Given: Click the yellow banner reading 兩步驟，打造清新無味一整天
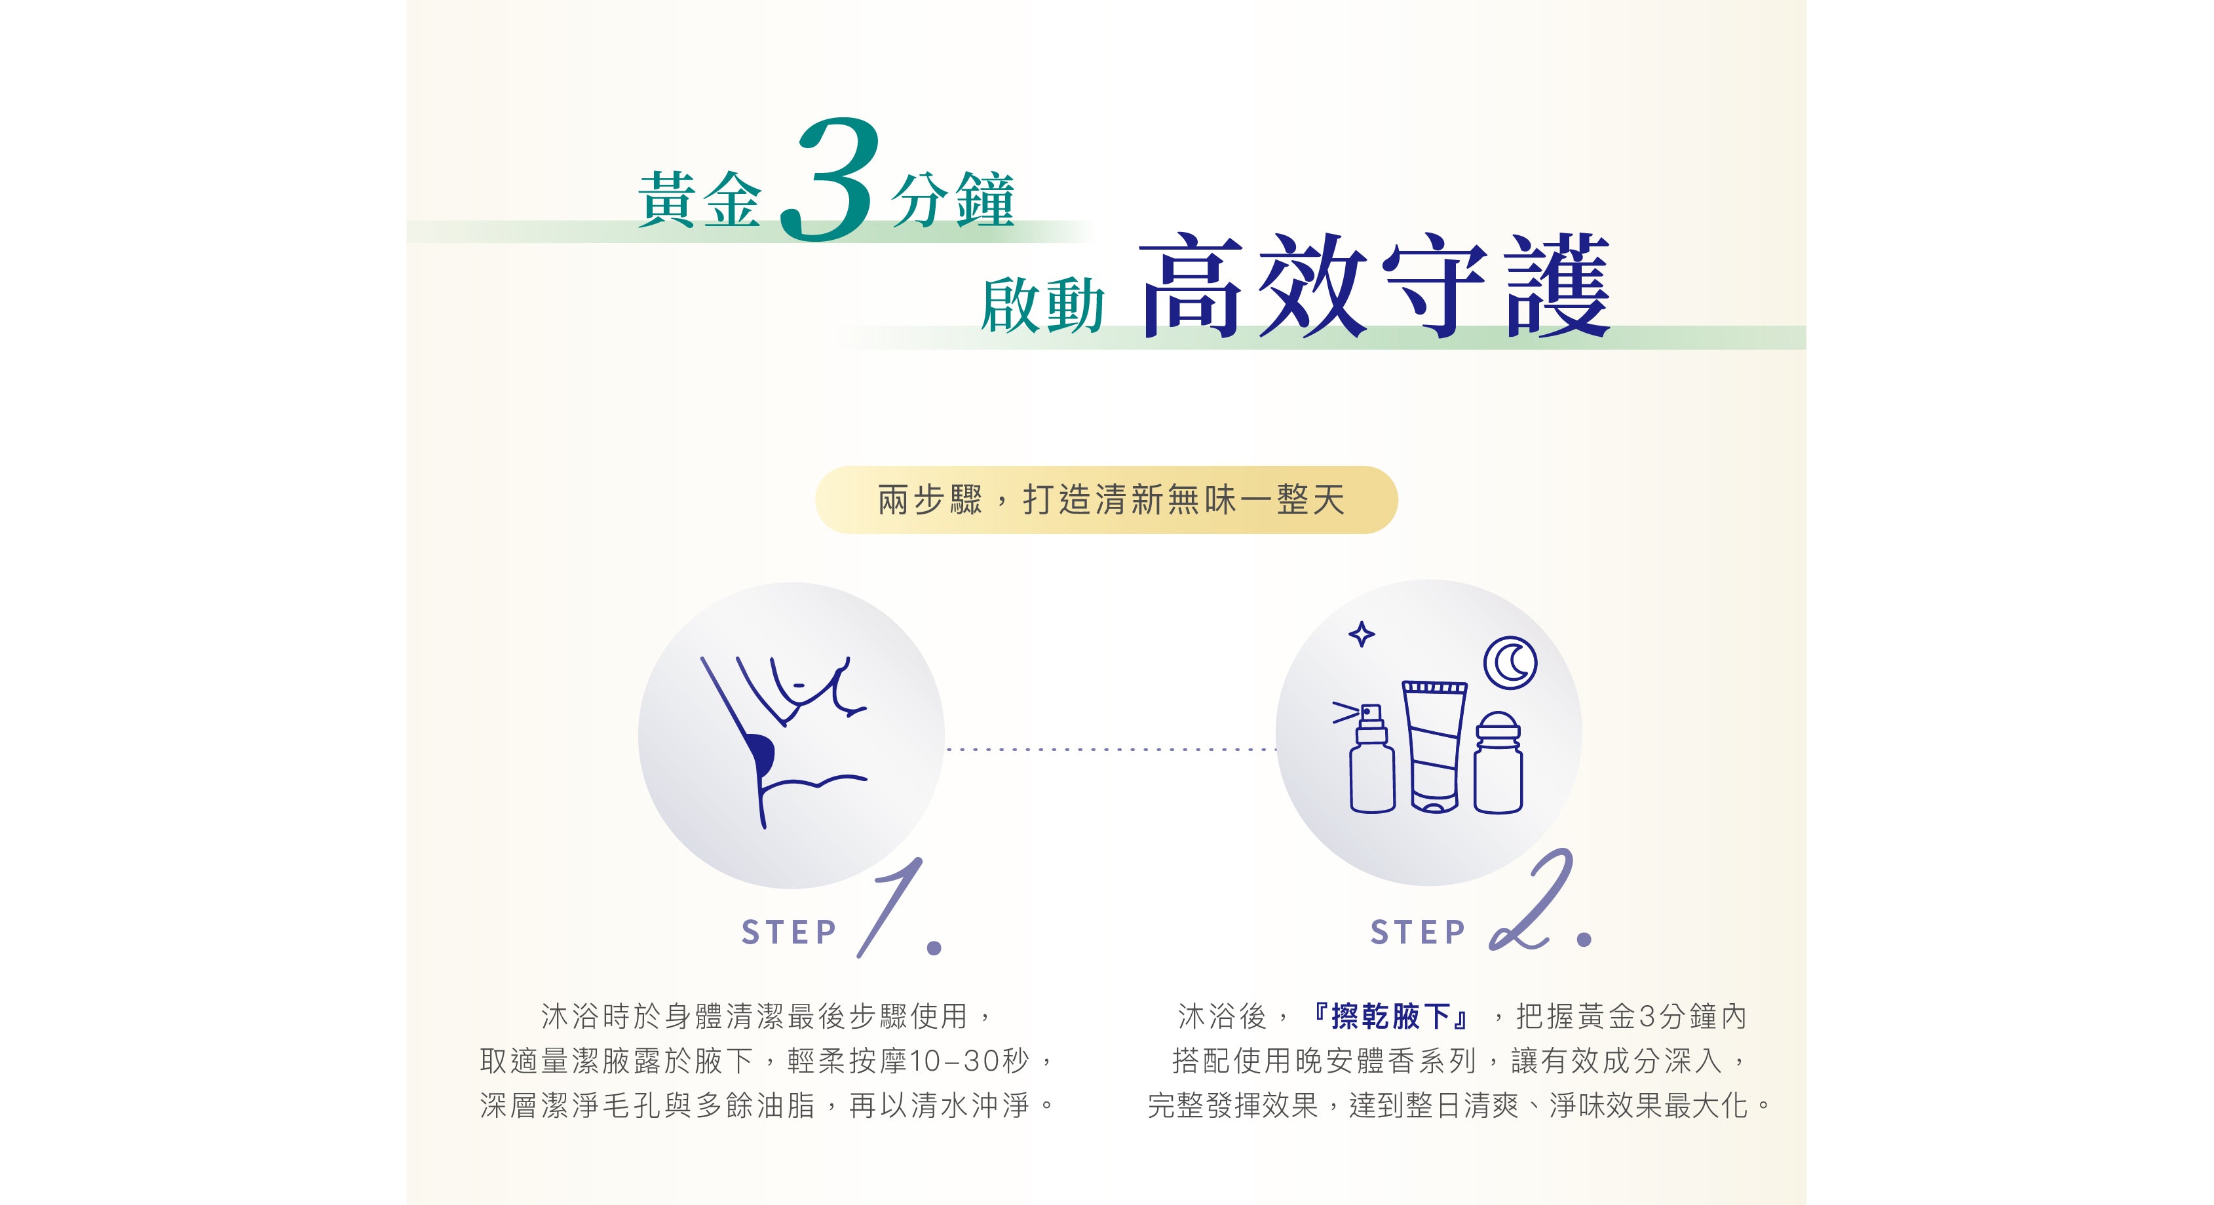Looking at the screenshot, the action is click(x=1106, y=500).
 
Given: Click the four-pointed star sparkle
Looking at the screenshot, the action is click(x=1362, y=634).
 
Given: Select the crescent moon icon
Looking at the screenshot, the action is click(x=1510, y=662).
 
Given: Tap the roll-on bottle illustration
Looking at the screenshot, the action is click(x=1498, y=761).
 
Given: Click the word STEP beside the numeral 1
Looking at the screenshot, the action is click(x=788, y=932).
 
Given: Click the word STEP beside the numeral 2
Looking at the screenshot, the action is click(x=1418, y=932).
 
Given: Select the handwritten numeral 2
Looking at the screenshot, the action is click(x=1531, y=900).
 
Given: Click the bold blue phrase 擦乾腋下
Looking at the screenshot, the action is click(x=1390, y=1017).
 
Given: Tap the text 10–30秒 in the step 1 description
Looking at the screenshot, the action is click(x=968, y=1062).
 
